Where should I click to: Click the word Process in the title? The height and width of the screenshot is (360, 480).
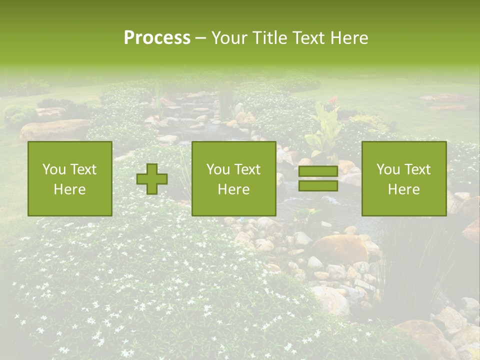[x=157, y=37]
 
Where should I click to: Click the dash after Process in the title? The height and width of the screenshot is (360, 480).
[x=200, y=38]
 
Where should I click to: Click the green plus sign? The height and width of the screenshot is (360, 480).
[x=152, y=179]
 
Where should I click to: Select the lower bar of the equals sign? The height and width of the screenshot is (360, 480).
[x=318, y=186]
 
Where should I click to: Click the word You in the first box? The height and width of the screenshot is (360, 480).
[x=54, y=169]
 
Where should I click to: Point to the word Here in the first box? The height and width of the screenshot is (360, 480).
[x=70, y=189]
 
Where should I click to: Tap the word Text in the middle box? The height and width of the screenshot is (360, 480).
[x=248, y=169]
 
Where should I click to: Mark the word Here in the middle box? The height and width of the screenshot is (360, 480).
[x=234, y=189]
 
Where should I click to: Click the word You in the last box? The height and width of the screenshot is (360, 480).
[x=388, y=169]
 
